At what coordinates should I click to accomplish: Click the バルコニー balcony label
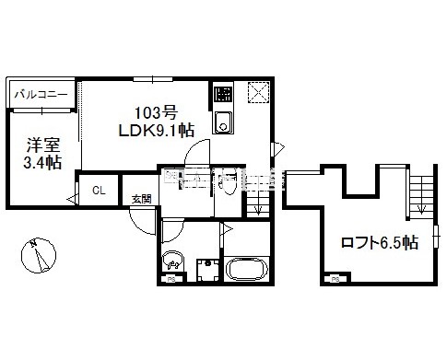tap(43, 94)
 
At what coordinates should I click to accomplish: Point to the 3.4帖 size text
tap(41, 163)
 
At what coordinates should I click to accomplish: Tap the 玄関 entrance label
tap(140, 199)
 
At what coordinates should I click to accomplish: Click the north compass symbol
tap(36, 256)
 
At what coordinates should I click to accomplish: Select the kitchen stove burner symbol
tap(222, 93)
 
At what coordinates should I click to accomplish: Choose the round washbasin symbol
tap(170, 259)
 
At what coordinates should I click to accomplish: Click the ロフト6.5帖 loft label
tap(378, 243)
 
